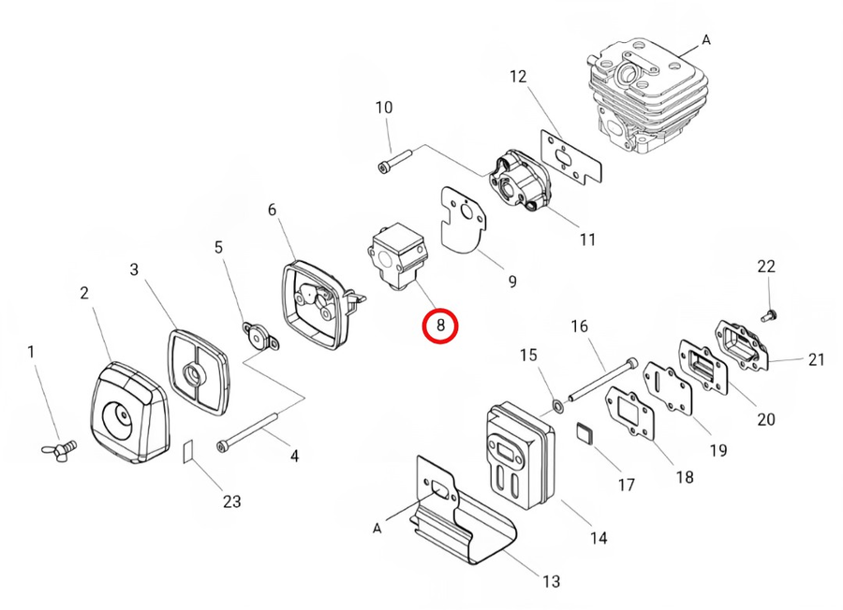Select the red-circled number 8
pos(440,327)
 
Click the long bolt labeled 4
pos(248,433)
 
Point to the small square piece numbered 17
pos(585,434)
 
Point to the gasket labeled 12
pos(572,155)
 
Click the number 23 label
pos(231,501)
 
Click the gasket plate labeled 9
pos(463,220)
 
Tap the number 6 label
pos(273,210)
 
